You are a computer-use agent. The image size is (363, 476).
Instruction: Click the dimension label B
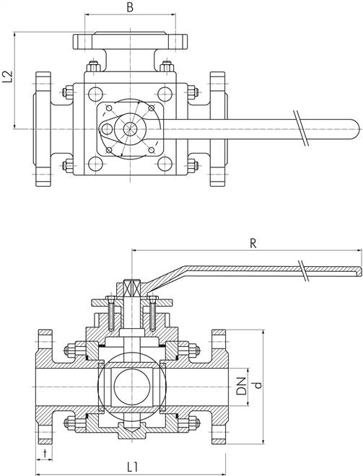pos(130,7)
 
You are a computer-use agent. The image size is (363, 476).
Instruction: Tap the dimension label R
pos(253,244)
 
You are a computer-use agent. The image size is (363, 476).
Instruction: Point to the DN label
pos(242,386)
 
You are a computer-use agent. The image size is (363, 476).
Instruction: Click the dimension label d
pos(258,384)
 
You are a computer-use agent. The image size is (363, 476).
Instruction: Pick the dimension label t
pos(45,454)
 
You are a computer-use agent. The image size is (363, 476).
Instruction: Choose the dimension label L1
pos(133,467)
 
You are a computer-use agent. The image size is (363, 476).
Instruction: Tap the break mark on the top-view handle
pos(301,128)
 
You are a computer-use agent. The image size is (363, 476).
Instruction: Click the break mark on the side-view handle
pos(303,270)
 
